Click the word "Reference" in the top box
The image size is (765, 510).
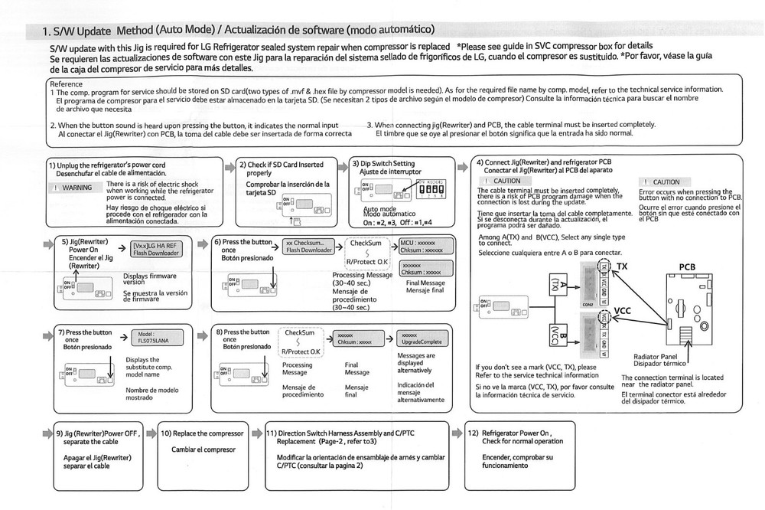coord(65,83)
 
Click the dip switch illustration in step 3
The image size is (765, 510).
coord(431,187)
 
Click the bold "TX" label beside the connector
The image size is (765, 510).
coord(622,266)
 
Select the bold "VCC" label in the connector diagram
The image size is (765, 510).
coord(623,312)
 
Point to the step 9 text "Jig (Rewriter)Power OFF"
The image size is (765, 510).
coord(100,433)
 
